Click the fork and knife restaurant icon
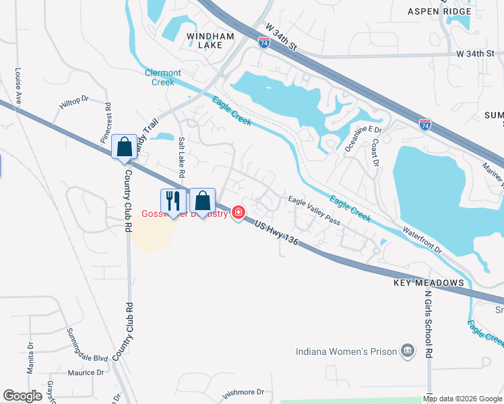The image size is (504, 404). coord(172,200)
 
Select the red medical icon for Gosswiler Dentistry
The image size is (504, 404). coord(237,213)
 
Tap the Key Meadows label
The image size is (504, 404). coord(429,283)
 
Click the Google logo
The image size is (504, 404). coord(23,396)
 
